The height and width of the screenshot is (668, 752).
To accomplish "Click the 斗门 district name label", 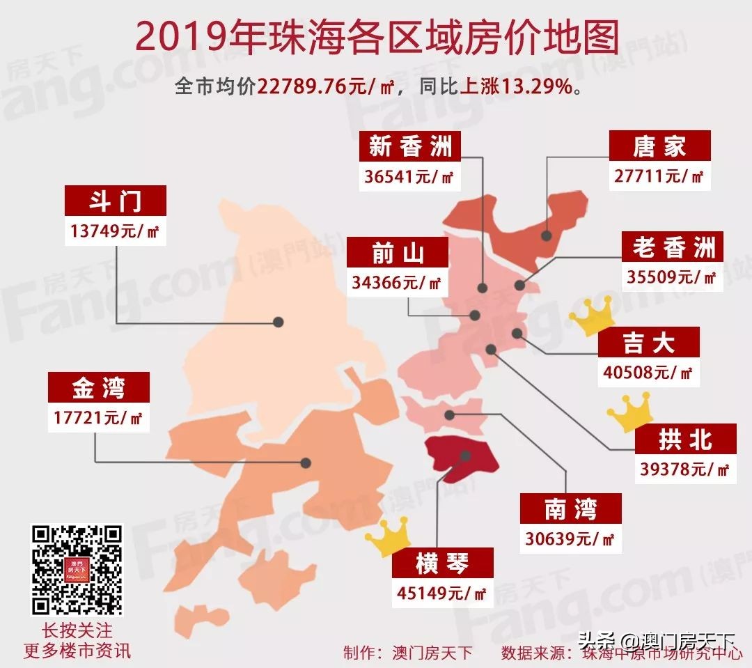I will coord(116,201).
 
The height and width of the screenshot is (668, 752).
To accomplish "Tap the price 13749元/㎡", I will coord(116,231).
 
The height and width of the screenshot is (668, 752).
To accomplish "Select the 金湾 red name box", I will coord(98,387).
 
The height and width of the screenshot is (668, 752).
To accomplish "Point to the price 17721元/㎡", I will coord(98,417).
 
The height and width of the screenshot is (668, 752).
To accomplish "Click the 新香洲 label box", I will coord(410,146).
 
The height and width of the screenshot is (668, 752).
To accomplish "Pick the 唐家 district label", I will coord(659,146).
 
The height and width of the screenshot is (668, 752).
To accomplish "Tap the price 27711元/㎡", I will coord(659,176).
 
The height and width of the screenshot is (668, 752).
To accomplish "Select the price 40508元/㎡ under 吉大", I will coord(648,373).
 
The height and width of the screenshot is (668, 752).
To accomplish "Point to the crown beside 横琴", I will coord(389,538).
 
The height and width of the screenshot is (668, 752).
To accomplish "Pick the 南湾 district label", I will coord(570,508).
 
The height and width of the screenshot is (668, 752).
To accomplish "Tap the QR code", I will coord(77,569).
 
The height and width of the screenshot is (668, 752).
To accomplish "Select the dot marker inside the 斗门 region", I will coord(279,322).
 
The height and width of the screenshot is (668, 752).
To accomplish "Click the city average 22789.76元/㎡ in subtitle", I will coord(327,87).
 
